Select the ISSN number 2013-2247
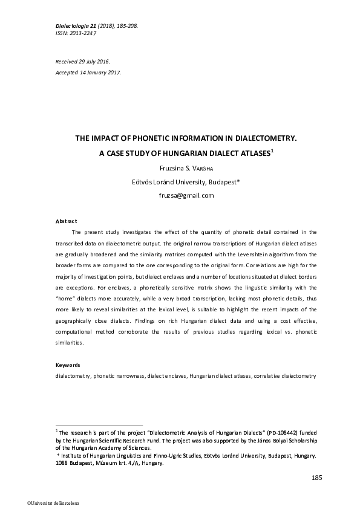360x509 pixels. coord(77,33)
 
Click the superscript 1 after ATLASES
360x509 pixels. coord(273,151)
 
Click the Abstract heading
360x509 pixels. coord(67,221)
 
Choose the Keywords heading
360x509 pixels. coord(68,365)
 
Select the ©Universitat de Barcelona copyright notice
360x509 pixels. coord(45,503)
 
